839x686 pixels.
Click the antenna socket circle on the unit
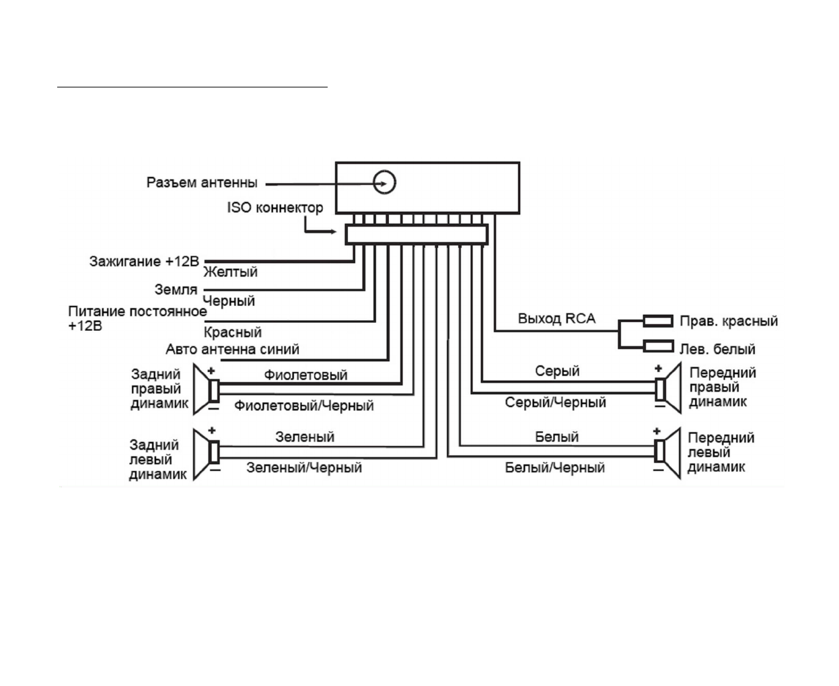385,182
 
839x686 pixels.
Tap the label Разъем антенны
202,182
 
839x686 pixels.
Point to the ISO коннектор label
275,208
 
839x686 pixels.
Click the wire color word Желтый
230,272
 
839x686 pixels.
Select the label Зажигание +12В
144,261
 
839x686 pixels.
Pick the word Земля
176,290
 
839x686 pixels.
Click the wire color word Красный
232,332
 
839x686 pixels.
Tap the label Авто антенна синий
232,350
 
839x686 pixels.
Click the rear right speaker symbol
206,389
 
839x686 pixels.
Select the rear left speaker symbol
206,453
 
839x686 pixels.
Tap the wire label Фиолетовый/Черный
303,406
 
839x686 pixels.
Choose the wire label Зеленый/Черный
304,467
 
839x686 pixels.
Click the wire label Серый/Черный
555,403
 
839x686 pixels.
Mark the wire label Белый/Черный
554,467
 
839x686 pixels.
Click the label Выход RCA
556,319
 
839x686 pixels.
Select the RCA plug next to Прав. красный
658,321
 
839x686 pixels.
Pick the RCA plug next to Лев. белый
658,346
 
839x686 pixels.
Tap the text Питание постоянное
137,312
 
